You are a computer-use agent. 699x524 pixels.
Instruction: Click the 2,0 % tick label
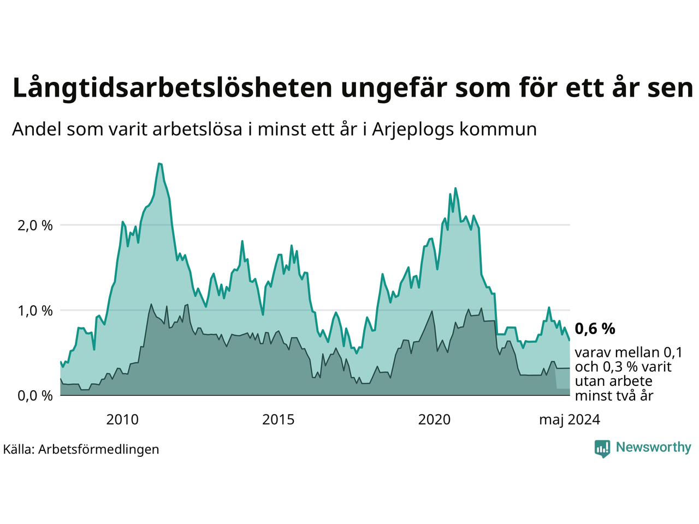(x=35, y=225)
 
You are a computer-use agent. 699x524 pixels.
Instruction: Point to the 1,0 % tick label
(x=35, y=311)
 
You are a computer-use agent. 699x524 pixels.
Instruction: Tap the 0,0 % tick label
(x=35, y=396)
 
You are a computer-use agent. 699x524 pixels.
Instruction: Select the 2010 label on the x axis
(x=122, y=420)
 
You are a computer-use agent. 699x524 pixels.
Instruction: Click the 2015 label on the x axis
(x=278, y=420)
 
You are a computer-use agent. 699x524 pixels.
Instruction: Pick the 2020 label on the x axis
(x=434, y=420)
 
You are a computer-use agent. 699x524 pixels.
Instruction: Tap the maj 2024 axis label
(x=569, y=420)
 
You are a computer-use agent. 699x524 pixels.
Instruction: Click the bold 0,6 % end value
(x=595, y=329)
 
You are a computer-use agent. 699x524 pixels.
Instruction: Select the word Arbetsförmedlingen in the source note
(x=99, y=449)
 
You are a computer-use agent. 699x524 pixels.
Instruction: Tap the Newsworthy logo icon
(x=602, y=448)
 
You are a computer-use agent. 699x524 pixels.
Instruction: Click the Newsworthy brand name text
(x=653, y=448)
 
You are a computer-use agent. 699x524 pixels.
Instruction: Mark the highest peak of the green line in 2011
(x=159, y=163)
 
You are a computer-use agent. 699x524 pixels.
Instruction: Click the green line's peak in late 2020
(x=455, y=188)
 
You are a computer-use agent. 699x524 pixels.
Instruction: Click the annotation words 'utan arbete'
(x=613, y=381)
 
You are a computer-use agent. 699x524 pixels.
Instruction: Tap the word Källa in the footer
(x=19, y=449)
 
